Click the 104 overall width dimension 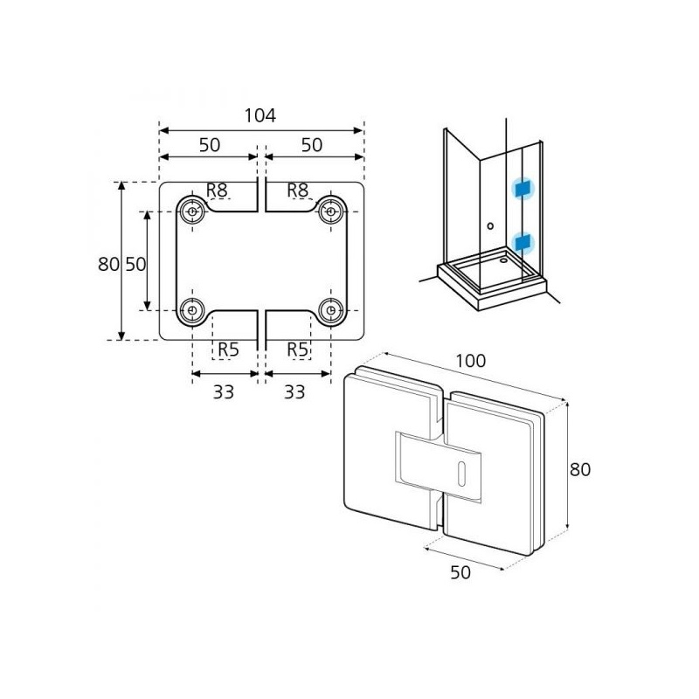pos(260,115)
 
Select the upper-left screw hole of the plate pos(191,211)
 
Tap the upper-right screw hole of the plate pos(330,211)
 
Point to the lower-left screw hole pos(191,309)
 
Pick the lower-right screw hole pos(330,309)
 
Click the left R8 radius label pos(217,190)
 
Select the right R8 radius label pos(298,190)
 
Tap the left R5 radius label pos(227,349)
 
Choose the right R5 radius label pos(298,349)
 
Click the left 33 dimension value pos(225,392)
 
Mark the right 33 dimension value pos(295,392)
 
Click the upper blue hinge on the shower pos(523,189)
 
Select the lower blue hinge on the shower pos(523,239)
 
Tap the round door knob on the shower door pos(490,226)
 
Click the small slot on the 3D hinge pos(460,473)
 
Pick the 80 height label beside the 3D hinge pos(580,469)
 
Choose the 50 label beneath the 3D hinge pos(460,572)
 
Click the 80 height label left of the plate pos(108,264)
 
